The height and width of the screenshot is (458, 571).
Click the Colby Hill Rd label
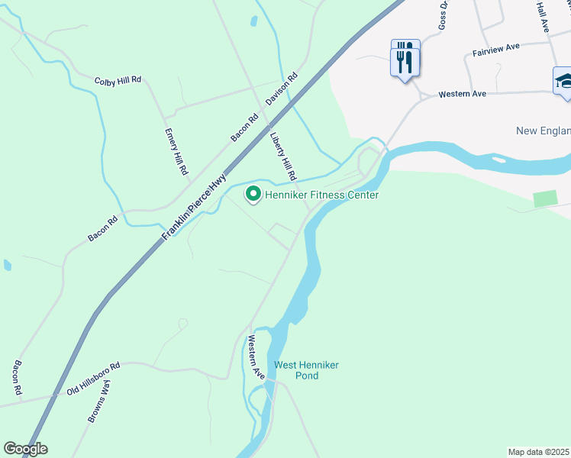coord(118,80)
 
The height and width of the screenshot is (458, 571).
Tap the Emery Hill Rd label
coord(176,150)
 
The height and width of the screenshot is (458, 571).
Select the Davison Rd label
coord(281,89)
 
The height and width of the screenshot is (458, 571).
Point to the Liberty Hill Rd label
coord(283,156)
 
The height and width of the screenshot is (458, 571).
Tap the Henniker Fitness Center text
coord(321,195)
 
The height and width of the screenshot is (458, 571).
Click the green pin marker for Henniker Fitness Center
coord(253,195)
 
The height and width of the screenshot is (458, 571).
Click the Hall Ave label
coord(543,15)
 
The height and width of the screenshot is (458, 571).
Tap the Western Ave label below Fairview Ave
coord(462,95)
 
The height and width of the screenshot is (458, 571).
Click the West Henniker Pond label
coord(306,370)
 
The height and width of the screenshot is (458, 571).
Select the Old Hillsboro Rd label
coord(94,379)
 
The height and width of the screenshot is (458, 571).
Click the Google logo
coord(25,449)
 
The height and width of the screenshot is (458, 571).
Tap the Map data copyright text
coord(539,452)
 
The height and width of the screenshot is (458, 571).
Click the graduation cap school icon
coord(563,80)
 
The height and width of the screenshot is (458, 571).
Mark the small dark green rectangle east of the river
coord(545,198)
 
